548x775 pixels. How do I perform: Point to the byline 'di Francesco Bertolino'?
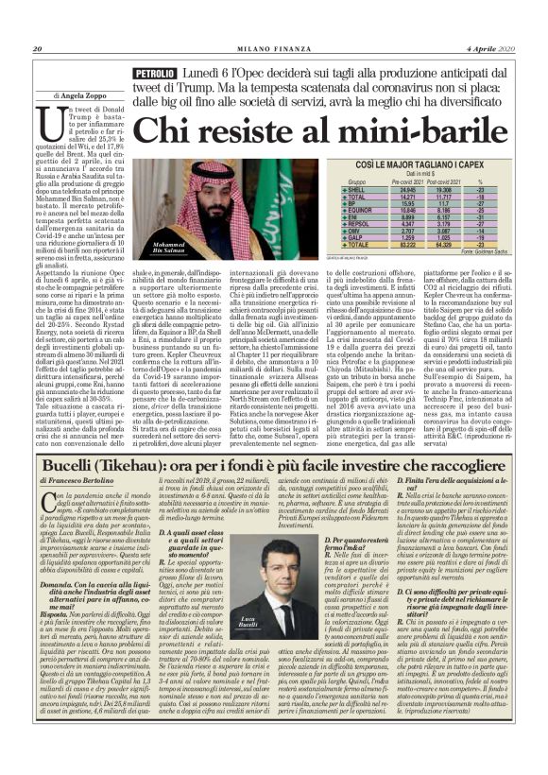click(x=80, y=456)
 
